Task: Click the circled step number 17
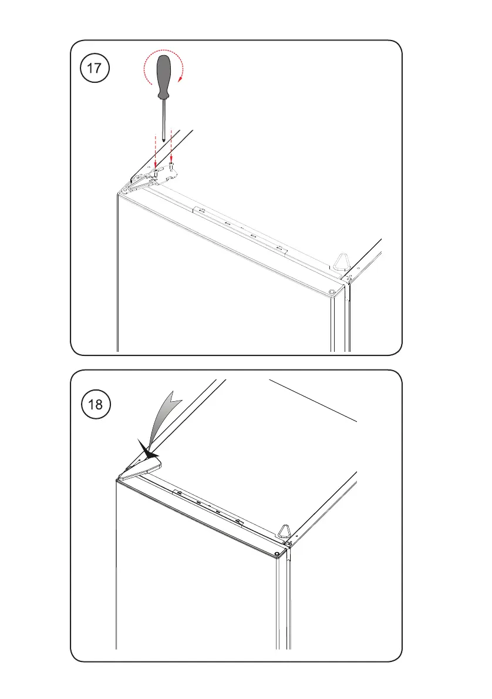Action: (x=94, y=68)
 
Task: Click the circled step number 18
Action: (x=95, y=404)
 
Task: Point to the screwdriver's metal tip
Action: (x=164, y=139)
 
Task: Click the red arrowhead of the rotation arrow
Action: (x=180, y=79)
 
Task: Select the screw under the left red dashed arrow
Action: (x=155, y=171)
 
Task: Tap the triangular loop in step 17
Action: (x=342, y=263)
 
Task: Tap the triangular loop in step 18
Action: (x=284, y=532)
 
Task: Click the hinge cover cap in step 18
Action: (x=140, y=469)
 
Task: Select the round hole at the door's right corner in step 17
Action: (x=332, y=293)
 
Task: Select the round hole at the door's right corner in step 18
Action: (x=278, y=554)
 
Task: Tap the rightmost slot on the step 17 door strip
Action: (x=279, y=248)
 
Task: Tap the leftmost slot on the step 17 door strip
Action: (x=201, y=210)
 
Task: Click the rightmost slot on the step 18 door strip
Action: (x=238, y=521)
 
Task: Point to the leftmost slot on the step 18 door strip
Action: (x=178, y=493)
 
